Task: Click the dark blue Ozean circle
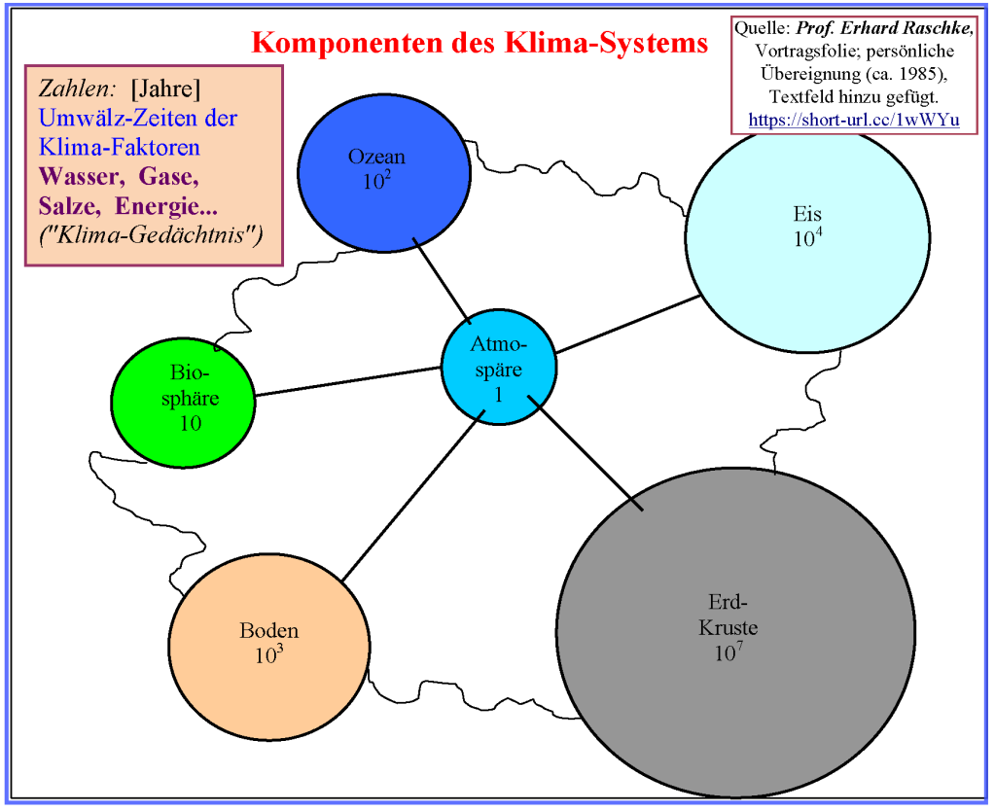pyautogui.click(x=384, y=173)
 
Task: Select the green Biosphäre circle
pyautogui.click(x=184, y=403)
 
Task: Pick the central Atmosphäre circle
pyautogui.click(x=499, y=367)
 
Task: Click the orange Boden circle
pyautogui.click(x=269, y=647)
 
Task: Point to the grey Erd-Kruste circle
pyautogui.click(x=736, y=632)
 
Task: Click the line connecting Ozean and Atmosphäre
pyautogui.click(x=442, y=280)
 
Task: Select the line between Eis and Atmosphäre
pyautogui.click(x=628, y=324)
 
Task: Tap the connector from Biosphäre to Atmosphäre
pyautogui.click(x=348, y=381)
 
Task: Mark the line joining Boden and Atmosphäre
pyautogui.click(x=413, y=495)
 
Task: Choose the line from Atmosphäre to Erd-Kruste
pyautogui.click(x=586, y=452)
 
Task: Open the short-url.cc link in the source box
pyautogui.click(x=854, y=120)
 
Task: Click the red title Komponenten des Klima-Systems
pyautogui.click(x=480, y=43)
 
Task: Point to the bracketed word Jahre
pyautogui.click(x=165, y=88)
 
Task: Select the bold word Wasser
pyautogui.click(x=82, y=176)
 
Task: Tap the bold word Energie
pyautogui.click(x=167, y=206)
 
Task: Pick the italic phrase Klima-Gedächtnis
pyautogui.click(x=151, y=235)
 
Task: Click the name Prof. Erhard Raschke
pyautogui.click(x=884, y=28)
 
